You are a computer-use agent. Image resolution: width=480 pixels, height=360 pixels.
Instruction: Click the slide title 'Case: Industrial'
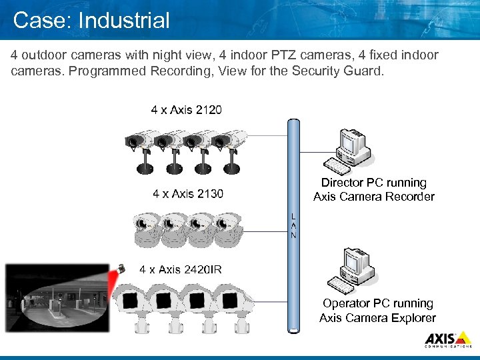[x=91, y=20]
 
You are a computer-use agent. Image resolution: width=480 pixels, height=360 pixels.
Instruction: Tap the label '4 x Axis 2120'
[x=187, y=110]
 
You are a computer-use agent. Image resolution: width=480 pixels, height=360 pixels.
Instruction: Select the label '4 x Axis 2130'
[x=188, y=194]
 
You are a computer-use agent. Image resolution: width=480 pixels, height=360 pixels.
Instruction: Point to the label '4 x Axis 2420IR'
[x=181, y=269]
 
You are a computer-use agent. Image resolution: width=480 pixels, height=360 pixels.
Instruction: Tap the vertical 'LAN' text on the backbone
[x=293, y=226]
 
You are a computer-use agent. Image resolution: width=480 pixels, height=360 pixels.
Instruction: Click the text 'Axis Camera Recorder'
[x=373, y=197]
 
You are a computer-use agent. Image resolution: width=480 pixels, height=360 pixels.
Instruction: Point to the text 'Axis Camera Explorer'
[x=377, y=318]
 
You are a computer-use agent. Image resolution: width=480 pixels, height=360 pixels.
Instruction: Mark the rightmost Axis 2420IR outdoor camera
[x=234, y=306]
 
